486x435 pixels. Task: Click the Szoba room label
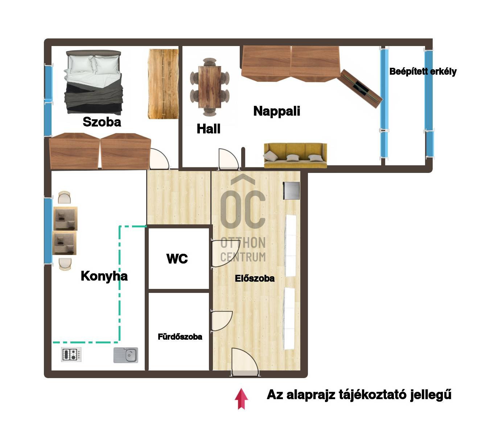point(102,122)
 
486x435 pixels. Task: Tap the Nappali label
point(277,111)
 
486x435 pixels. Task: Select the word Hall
point(209,129)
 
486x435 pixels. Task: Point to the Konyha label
point(104,276)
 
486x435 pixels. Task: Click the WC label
point(177,259)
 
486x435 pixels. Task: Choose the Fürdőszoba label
point(180,337)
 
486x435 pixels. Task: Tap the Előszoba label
point(255,278)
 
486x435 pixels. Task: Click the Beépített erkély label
point(423,71)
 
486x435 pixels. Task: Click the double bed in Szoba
point(94,82)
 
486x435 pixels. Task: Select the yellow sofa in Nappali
point(295,155)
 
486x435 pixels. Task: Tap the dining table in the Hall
point(210,87)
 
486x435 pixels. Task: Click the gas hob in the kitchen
point(71,355)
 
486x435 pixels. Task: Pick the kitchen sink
point(126,355)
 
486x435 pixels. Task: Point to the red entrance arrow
point(241,399)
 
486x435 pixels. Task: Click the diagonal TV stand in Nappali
point(359,88)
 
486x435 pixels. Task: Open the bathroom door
point(221,321)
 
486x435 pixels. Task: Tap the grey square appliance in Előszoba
point(292,191)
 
